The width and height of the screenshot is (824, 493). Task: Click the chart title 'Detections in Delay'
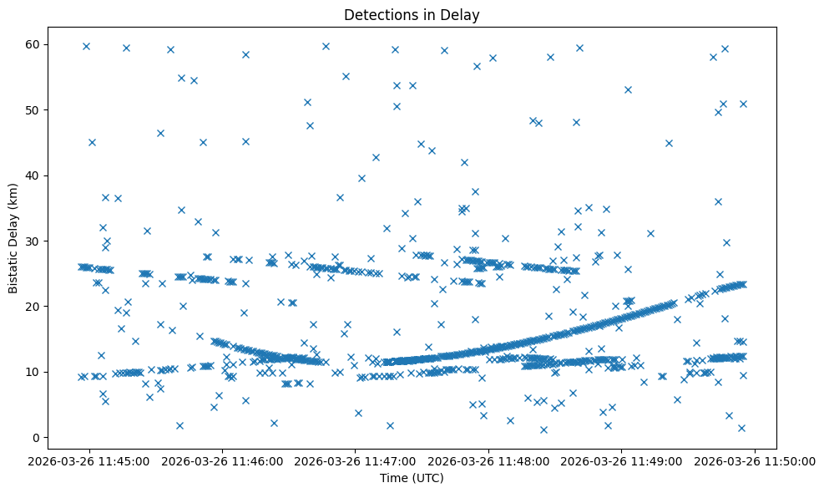point(412,14)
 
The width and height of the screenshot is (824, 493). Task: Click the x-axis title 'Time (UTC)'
point(412,478)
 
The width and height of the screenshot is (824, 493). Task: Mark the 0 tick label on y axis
point(36,437)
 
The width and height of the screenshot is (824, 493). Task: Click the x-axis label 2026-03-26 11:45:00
point(89,460)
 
